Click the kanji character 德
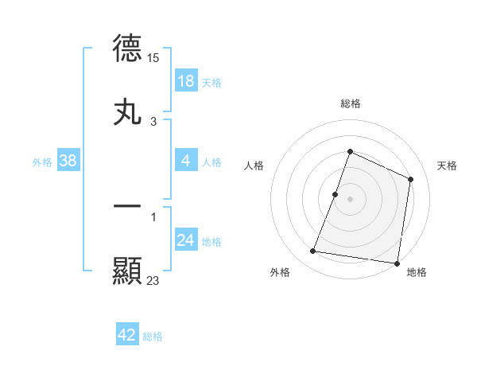[x=128, y=48]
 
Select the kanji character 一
[x=128, y=205]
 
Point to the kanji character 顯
[x=128, y=271]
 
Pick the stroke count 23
[x=153, y=280]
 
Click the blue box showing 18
[x=186, y=81]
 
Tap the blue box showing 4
[x=186, y=161]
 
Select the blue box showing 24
[x=186, y=240]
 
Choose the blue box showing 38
[x=68, y=161]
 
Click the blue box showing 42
[x=127, y=335]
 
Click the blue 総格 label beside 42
[x=153, y=337]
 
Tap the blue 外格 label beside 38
[x=42, y=162]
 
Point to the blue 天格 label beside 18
[x=211, y=82]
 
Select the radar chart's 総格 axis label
[x=350, y=103]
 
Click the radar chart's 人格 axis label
[x=254, y=166]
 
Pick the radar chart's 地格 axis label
[x=417, y=272]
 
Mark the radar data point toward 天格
[x=411, y=179]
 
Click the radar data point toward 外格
[x=313, y=251]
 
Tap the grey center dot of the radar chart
[x=350, y=199]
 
